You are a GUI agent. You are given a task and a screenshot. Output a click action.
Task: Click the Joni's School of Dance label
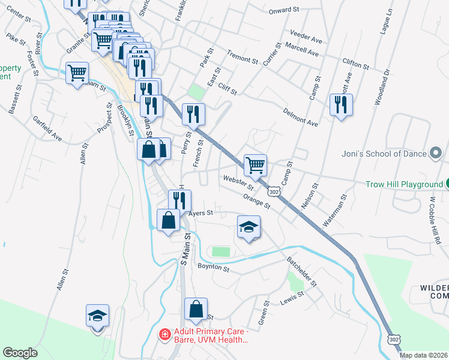384,153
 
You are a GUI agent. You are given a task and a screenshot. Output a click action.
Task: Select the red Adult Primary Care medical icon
163,334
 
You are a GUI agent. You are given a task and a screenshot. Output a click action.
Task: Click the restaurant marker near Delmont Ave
341,105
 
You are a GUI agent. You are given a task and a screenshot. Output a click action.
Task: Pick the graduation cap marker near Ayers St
249,227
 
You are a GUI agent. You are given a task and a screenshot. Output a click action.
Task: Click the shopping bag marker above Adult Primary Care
196,309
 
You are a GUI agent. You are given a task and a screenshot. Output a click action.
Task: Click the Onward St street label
284,10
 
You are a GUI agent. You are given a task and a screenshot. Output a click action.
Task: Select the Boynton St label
214,269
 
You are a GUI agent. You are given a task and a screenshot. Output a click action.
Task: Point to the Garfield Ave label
47,128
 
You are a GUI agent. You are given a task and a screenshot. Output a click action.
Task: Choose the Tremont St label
242,57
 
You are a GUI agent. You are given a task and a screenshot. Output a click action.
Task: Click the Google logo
20,353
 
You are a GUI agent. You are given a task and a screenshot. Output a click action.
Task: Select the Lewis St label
293,298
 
